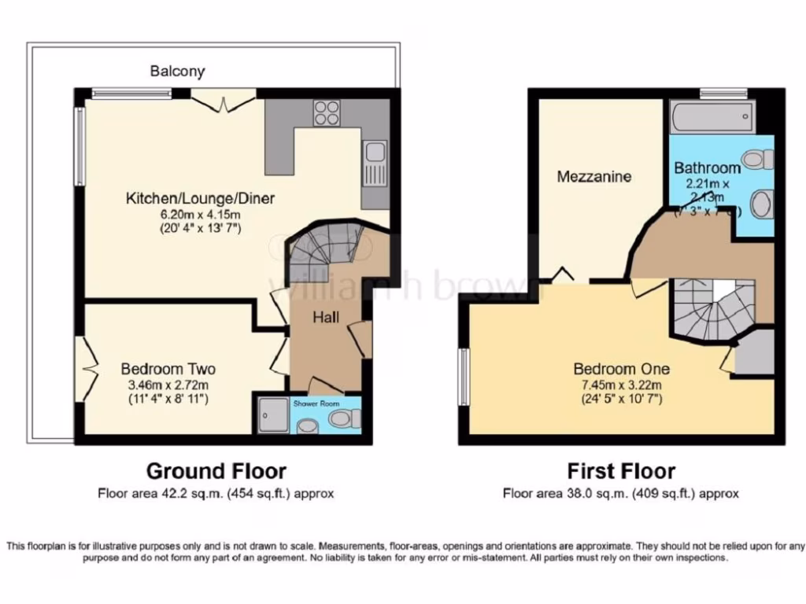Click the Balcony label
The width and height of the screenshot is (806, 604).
coord(177,72)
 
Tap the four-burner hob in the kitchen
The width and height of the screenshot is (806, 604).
coord(327,113)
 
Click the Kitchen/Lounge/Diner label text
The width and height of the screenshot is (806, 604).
coord(201,198)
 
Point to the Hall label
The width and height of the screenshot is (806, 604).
coord(326,317)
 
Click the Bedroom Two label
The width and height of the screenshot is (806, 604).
coord(168,369)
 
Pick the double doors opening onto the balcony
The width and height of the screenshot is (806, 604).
coord(224,100)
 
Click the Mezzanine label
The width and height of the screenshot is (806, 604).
coord(594,177)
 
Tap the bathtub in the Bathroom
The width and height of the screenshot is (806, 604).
coord(711,119)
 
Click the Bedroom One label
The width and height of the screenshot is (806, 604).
coord(621,369)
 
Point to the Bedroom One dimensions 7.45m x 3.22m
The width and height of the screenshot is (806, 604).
coord(621,385)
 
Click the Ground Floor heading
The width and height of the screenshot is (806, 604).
coord(216,471)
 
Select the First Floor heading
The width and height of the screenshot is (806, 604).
coord(621,471)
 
